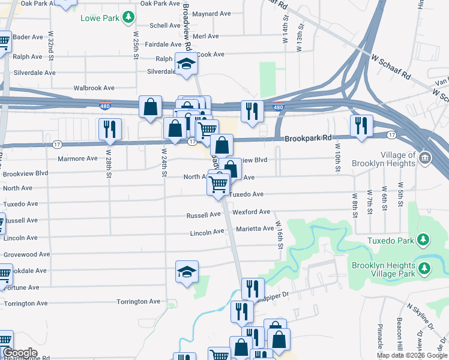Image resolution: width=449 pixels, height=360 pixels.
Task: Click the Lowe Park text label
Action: (99, 17)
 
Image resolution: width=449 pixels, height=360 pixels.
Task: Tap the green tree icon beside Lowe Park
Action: (127, 17)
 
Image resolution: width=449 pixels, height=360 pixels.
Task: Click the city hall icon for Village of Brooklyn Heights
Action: (425, 158)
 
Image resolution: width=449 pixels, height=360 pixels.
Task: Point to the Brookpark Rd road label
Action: (309, 138)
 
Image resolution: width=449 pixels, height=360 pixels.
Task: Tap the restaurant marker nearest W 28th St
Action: (110, 129)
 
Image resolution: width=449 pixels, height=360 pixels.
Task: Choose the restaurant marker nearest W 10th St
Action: (361, 126)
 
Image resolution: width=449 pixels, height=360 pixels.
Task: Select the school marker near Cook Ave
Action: (187, 64)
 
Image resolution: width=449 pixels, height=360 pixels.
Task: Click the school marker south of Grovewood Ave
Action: (187, 272)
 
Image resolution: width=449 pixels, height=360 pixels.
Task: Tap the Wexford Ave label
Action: (251, 212)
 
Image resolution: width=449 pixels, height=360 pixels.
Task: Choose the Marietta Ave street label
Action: (255, 229)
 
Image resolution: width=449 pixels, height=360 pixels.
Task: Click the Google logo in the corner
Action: (19, 353)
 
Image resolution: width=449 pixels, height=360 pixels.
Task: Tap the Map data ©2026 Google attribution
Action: (412, 355)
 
